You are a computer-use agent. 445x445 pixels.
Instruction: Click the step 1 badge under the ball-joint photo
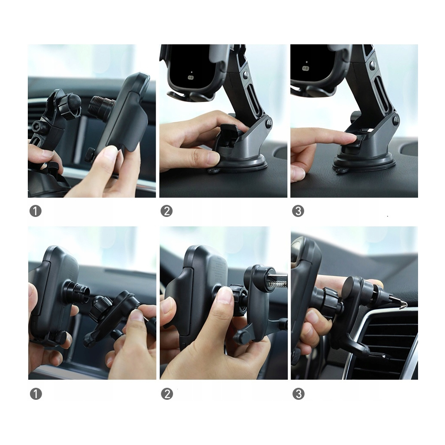pyautogui.click(x=35, y=211)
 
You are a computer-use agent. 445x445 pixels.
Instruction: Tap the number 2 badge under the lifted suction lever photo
pyautogui.click(x=166, y=211)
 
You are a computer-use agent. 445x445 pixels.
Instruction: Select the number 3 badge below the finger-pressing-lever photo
pyautogui.click(x=298, y=211)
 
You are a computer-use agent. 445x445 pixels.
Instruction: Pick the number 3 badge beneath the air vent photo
pyautogui.click(x=298, y=394)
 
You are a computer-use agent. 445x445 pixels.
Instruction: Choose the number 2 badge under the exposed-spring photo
pyautogui.click(x=166, y=394)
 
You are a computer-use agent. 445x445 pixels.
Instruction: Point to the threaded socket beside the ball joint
pyautogui.click(x=101, y=106)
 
